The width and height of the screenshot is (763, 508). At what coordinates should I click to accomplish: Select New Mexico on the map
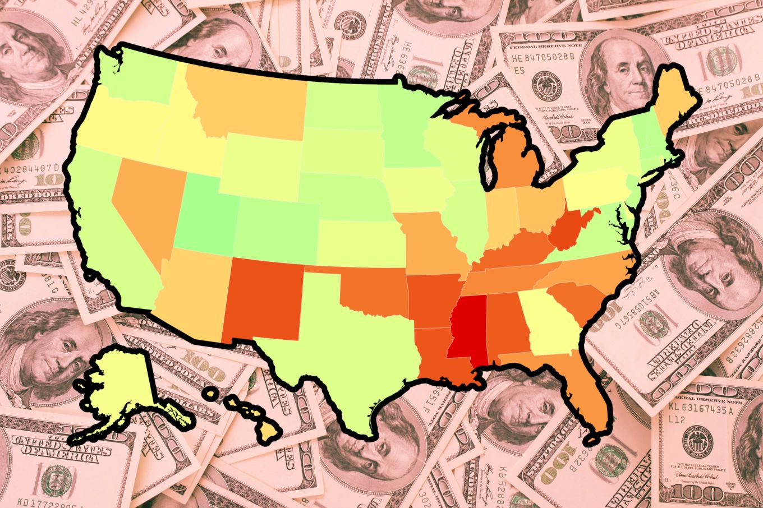point(264,297)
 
